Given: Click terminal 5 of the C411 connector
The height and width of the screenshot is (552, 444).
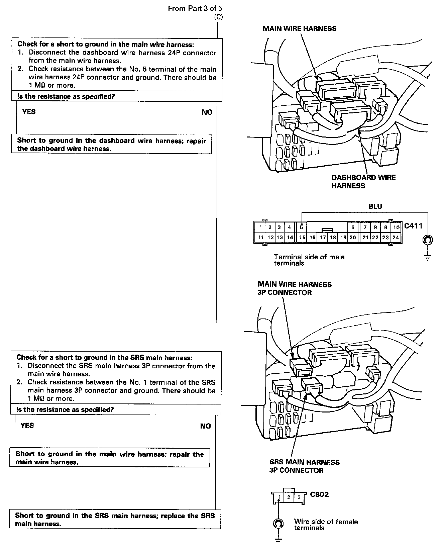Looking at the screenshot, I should (x=302, y=227).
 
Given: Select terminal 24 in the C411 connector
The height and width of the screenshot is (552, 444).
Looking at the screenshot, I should (x=396, y=238).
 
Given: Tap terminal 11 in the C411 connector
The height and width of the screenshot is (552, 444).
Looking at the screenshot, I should (x=260, y=238).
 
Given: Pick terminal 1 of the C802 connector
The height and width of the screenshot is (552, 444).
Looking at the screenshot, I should (x=280, y=497).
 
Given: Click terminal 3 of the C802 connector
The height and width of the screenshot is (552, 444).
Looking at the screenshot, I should (x=299, y=497).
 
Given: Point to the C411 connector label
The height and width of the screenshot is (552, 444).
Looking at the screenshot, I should (x=413, y=226).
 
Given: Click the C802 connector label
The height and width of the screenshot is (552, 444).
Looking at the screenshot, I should (x=319, y=494).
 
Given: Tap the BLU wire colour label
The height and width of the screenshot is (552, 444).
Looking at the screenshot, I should (x=375, y=206).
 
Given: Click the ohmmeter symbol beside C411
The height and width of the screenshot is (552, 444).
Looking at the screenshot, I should (x=428, y=240).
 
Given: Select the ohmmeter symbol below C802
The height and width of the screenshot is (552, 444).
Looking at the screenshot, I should (x=279, y=523).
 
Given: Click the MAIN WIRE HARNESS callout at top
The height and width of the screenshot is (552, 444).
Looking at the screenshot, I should (x=300, y=29).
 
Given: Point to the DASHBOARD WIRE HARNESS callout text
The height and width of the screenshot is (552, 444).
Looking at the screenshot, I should (x=363, y=182).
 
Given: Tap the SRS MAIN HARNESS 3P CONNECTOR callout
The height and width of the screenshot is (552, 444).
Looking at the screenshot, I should (x=304, y=466).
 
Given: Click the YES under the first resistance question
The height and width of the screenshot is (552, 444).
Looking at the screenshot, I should (x=29, y=112).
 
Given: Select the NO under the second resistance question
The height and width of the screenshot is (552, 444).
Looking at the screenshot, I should (x=205, y=426).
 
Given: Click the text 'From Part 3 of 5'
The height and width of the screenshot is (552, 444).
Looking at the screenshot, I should (x=195, y=9).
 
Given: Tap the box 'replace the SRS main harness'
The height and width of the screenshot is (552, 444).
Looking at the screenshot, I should (x=115, y=520).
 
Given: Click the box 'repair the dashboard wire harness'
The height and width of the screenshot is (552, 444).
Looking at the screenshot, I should (x=112, y=145).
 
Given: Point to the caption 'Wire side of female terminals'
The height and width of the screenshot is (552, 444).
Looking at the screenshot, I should (x=326, y=525).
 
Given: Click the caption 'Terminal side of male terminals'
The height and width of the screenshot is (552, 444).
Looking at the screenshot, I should (x=309, y=260).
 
